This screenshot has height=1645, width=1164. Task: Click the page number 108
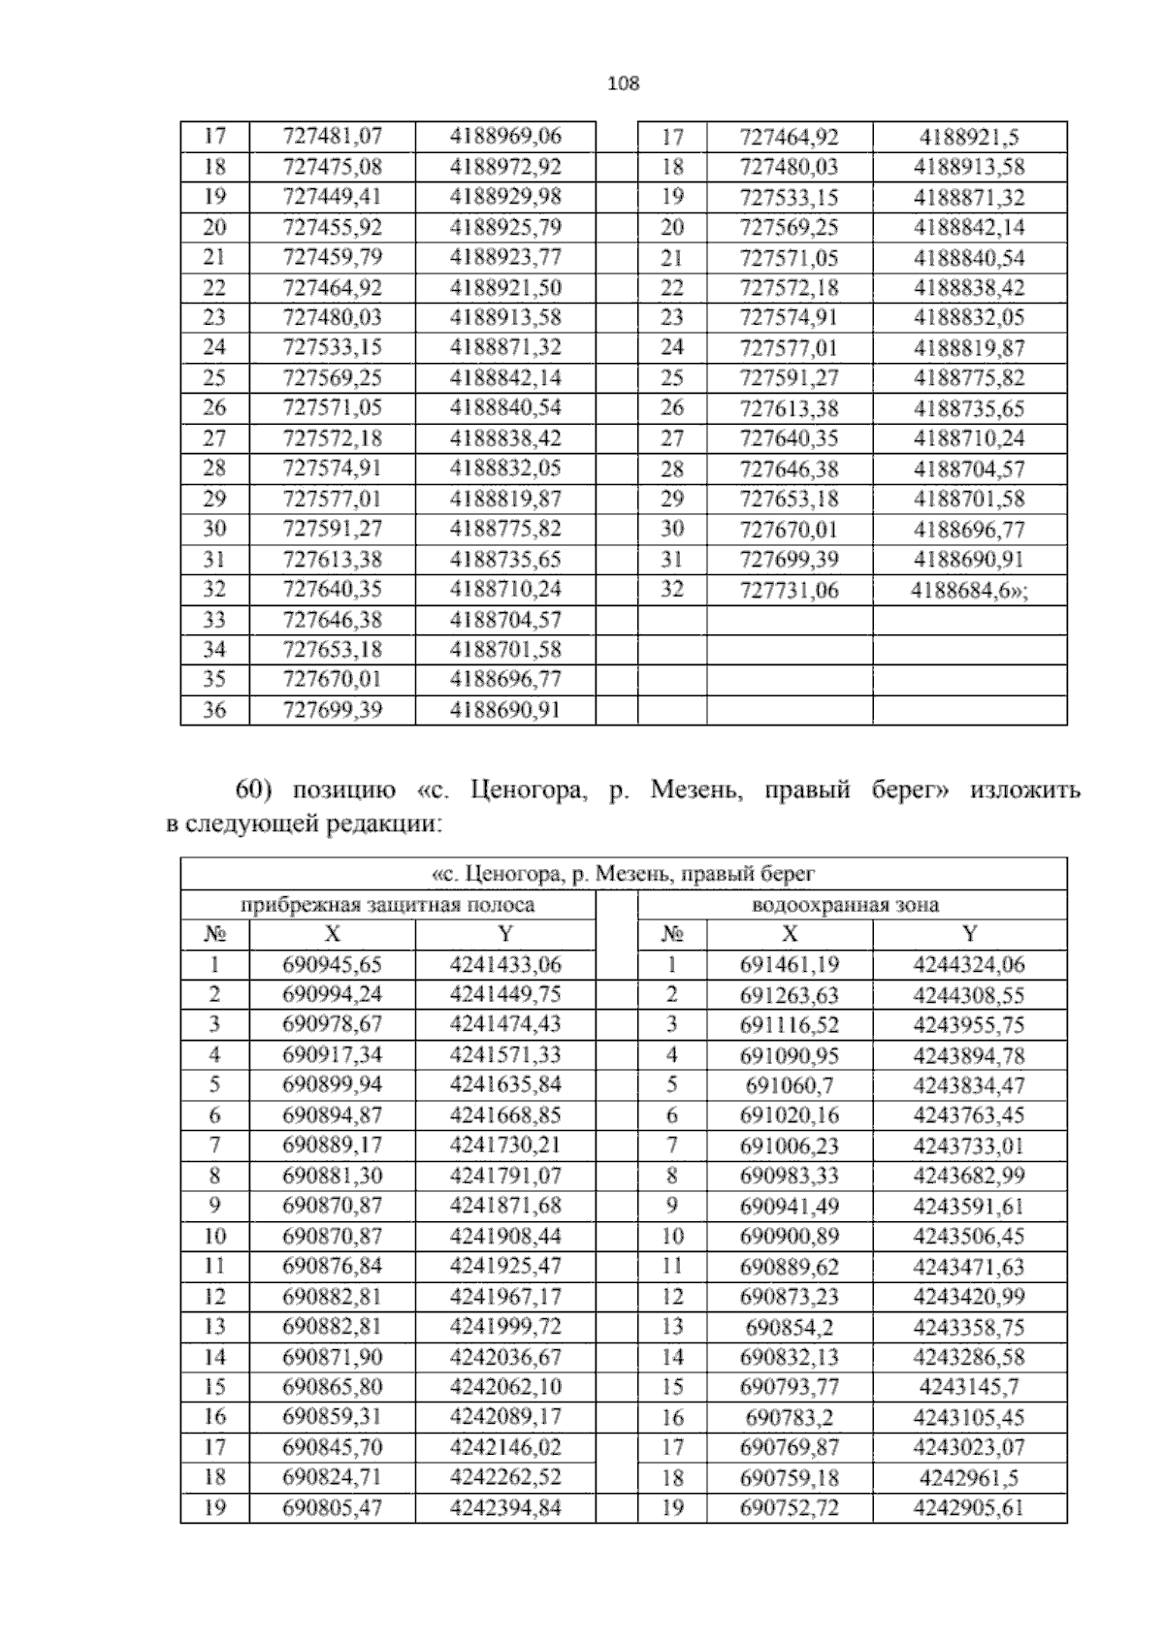click(x=623, y=83)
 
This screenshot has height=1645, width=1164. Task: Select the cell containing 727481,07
click(x=332, y=137)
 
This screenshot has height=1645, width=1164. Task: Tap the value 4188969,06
click(x=505, y=137)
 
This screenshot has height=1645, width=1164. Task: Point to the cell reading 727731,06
click(x=789, y=590)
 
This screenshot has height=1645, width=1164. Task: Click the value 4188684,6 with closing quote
click(x=970, y=590)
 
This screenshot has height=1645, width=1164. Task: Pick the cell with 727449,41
click(x=332, y=197)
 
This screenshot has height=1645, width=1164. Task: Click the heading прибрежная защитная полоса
click(x=387, y=905)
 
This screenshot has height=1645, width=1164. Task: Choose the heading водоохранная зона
click(x=846, y=905)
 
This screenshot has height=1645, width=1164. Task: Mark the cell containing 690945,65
click(x=332, y=965)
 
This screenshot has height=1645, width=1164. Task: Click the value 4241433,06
click(x=505, y=965)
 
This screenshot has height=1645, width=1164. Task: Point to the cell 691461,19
click(x=789, y=965)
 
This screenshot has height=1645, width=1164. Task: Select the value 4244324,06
click(x=969, y=965)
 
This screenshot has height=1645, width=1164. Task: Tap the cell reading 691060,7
click(x=789, y=1085)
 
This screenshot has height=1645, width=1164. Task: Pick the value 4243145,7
click(x=969, y=1387)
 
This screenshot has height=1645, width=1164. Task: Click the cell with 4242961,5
click(x=969, y=1478)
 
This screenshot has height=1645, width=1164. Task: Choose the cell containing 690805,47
click(x=332, y=1508)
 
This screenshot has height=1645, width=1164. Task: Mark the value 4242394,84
click(x=505, y=1508)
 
